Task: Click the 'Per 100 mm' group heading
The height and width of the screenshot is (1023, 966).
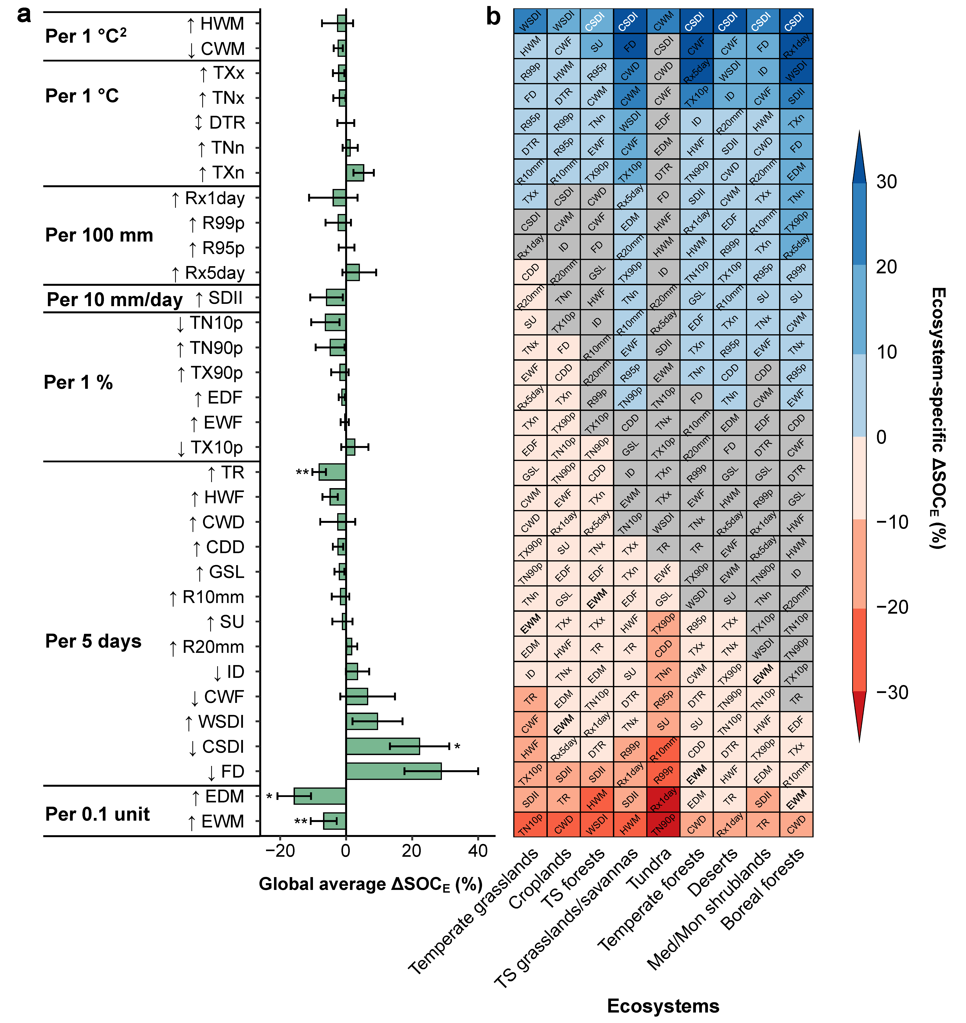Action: coord(99,235)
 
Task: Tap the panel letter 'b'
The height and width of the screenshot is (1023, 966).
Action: coord(493,16)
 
